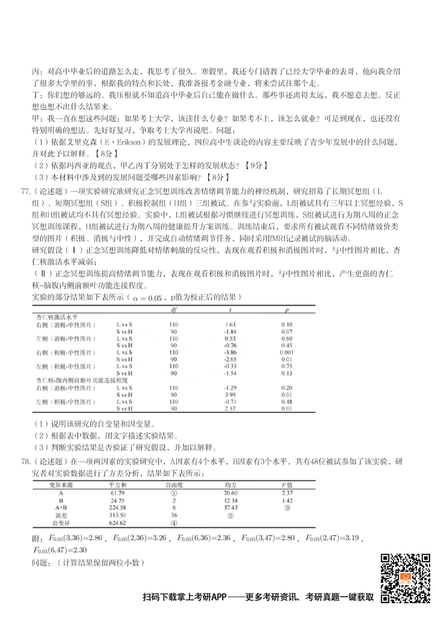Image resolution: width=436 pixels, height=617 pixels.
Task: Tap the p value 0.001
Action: [x=286, y=352]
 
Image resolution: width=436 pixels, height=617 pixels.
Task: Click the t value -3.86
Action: [x=229, y=352]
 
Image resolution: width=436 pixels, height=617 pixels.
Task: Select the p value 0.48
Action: [x=286, y=402]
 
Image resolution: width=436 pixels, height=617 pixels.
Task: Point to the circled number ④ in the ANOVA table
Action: [x=173, y=522]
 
